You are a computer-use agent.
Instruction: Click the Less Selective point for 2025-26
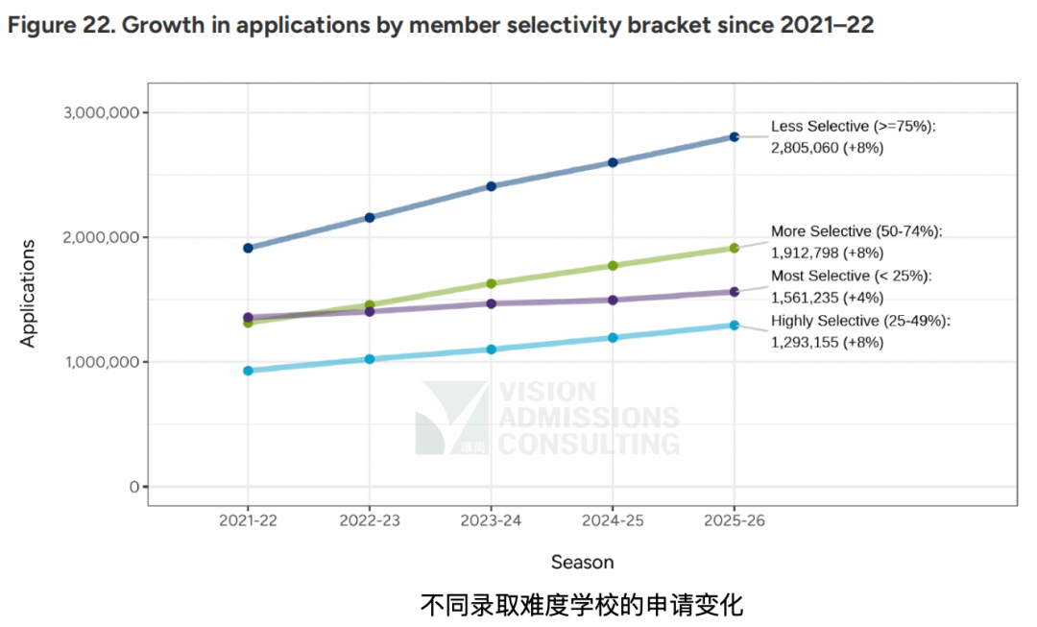(735, 137)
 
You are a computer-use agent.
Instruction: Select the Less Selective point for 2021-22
(248, 248)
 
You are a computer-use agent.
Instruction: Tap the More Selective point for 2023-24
(491, 283)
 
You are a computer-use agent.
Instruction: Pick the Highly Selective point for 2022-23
(370, 359)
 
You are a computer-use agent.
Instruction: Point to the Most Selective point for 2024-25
(613, 300)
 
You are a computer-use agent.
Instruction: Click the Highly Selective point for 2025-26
(735, 326)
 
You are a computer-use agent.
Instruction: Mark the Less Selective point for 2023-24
(491, 186)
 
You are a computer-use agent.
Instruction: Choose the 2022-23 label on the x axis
(370, 520)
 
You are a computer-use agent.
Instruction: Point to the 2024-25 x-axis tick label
(613, 520)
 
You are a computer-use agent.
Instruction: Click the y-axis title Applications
(28, 293)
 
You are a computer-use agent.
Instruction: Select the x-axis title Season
(582, 563)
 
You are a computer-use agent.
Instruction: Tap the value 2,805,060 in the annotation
(805, 148)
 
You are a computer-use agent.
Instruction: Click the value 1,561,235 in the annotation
(805, 298)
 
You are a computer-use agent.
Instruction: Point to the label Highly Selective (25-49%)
(860, 321)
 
